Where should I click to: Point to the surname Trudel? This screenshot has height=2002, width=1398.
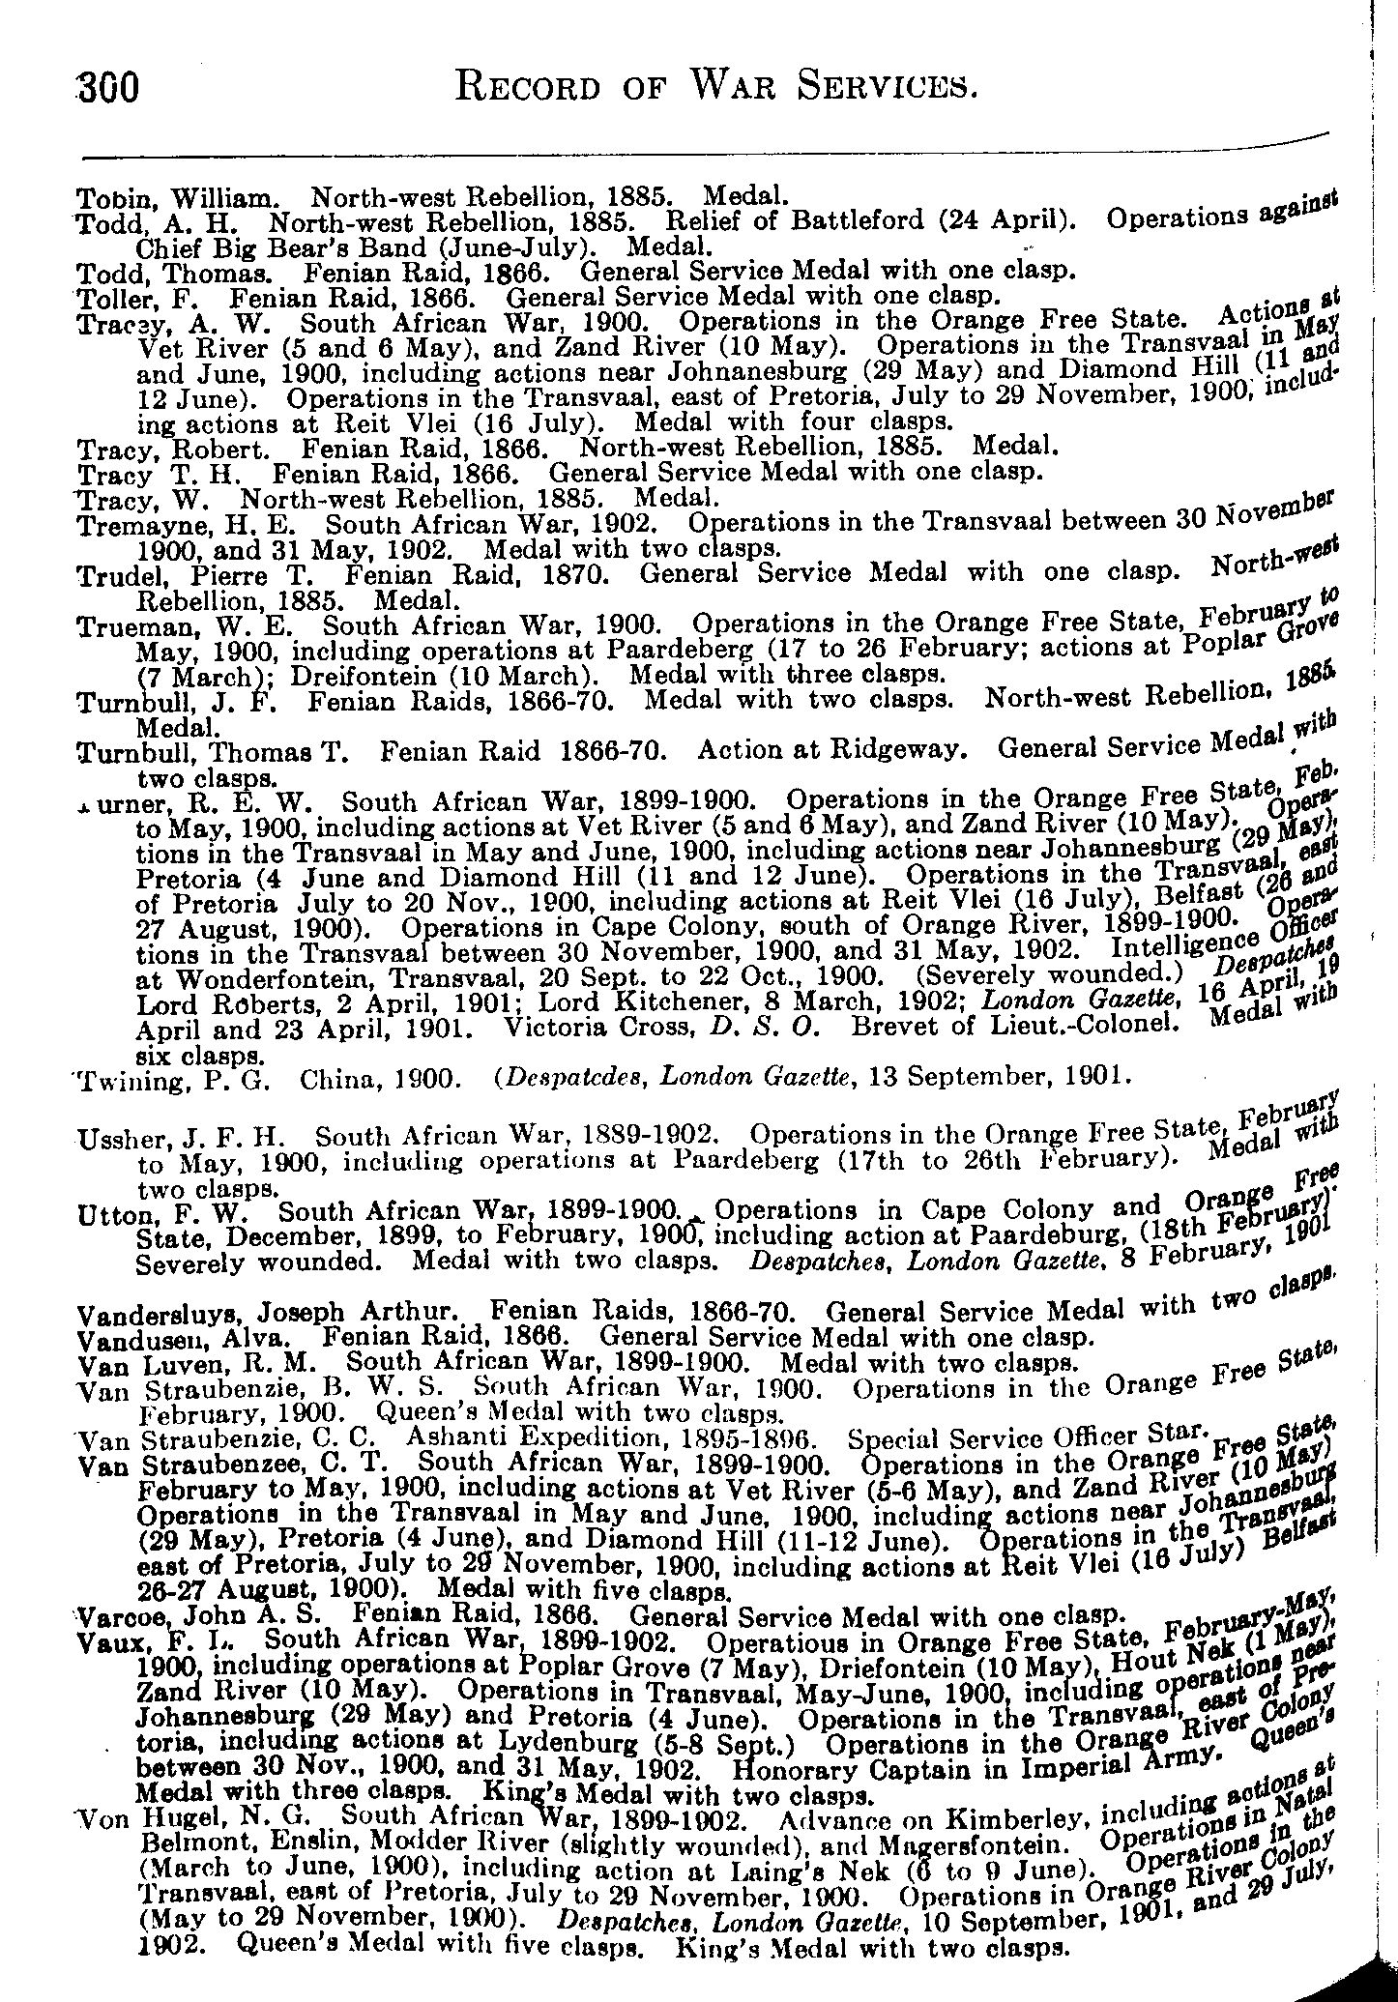(x=107, y=576)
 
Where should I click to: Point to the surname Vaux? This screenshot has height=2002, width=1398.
(x=102, y=1641)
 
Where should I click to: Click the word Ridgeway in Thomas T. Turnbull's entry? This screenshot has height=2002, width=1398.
(x=908, y=750)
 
